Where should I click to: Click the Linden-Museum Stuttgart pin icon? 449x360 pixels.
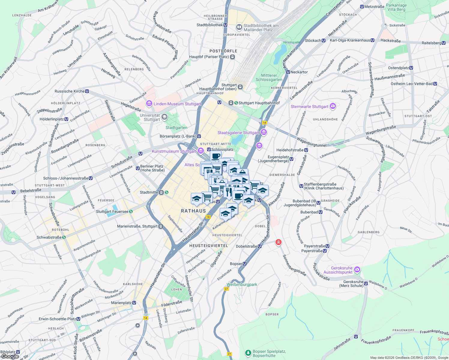pos(149,103)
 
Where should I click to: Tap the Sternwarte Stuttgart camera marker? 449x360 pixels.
pos(333,106)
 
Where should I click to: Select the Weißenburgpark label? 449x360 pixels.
pos(242,284)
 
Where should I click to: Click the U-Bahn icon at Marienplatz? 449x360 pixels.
pos(134,303)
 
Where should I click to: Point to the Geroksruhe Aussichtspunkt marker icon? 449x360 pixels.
pos(357,269)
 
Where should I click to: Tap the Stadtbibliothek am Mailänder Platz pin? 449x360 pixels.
pos(239,28)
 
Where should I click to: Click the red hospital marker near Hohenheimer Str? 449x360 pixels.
pos(278,242)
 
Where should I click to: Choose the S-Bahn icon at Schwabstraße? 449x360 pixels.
pos(64,237)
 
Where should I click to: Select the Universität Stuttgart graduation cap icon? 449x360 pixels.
pos(164,117)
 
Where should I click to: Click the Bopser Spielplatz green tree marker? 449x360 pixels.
pos(248,353)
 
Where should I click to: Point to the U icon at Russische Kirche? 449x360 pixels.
pos(87,91)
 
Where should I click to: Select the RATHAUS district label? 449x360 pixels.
pos(194,211)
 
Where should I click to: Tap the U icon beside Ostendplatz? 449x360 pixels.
pos(411,68)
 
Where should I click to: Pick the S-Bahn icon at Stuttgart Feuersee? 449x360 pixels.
pos(131,211)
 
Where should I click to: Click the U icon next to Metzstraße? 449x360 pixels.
pos(362,7)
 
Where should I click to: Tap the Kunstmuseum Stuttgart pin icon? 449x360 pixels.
pos(201,151)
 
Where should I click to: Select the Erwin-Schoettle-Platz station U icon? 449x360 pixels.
pos(78,319)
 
